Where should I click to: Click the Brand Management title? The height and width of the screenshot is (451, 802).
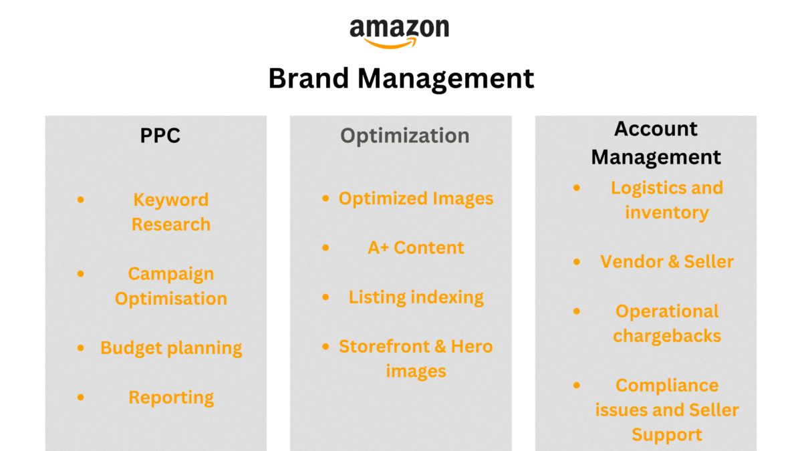pyautogui.click(x=401, y=79)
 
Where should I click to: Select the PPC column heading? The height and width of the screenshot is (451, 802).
pyautogui.click(x=160, y=136)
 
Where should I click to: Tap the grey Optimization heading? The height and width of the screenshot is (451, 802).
pyautogui.click(x=405, y=136)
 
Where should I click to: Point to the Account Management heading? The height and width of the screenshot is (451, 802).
pyautogui.click(x=656, y=143)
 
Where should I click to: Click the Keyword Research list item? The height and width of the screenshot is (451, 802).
pyautogui.click(x=171, y=212)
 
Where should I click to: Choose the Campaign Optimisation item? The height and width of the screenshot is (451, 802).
pyautogui.click(x=171, y=286)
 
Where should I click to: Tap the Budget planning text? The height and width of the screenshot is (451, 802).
pyautogui.click(x=171, y=348)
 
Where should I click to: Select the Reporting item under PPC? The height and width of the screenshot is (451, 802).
pyautogui.click(x=171, y=398)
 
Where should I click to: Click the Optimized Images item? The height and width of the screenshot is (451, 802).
pyautogui.click(x=416, y=198)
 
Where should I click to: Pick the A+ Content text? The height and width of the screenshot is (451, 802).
pyautogui.click(x=416, y=248)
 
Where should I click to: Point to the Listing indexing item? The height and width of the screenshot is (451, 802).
pyautogui.click(x=416, y=297)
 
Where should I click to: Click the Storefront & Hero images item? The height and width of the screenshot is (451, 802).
pyautogui.click(x=416, y=359)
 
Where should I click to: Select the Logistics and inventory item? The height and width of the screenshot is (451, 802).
pyautogui.click(x=667, y=200)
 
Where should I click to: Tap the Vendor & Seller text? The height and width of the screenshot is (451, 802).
pyautogui.click(x=667, y=262)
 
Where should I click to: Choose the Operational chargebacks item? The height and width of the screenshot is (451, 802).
pyautogui.click(x=667, y=323)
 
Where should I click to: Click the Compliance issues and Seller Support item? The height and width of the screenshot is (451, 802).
pyautogui.click(x=667, y=410)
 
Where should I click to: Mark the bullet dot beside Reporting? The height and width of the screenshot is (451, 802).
pyautogui.click(x=81, y=398)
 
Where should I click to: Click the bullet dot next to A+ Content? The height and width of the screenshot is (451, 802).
pyautogui.click(x=325, y=248)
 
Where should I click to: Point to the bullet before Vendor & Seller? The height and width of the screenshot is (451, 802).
pyautogui.click(x=577, y=262)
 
